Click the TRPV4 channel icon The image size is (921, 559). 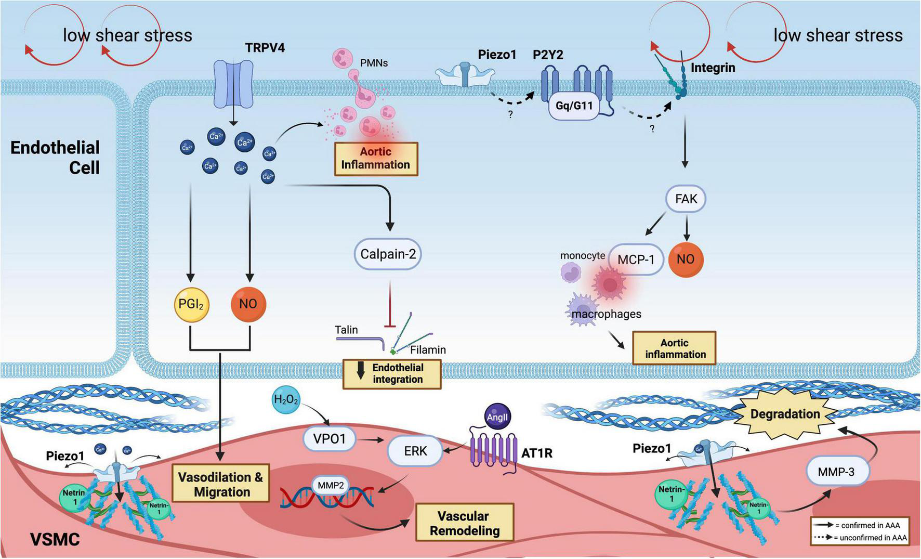(233, 83)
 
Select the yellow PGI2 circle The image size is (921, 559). (191, 304)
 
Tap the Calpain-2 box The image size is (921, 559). (388, 254)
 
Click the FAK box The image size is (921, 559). (686, 199)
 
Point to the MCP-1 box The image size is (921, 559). (636, 259)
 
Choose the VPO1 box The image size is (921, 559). (330, 439)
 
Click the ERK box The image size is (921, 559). (415, 451)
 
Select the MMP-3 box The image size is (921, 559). (836, 472)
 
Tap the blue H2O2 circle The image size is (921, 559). (285, 400)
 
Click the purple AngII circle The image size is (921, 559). (497, 417)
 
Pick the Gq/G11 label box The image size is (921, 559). (574, 106)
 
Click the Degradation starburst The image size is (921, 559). (785, 414)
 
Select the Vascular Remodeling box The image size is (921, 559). (464, 523)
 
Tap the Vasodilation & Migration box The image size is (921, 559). (221, 484)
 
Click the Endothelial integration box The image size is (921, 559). (392, 373)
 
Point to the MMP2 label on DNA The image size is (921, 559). (331, 485)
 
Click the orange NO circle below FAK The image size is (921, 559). (686, 259)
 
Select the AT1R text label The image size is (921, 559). (536, 453)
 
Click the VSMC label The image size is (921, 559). (55, 539)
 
